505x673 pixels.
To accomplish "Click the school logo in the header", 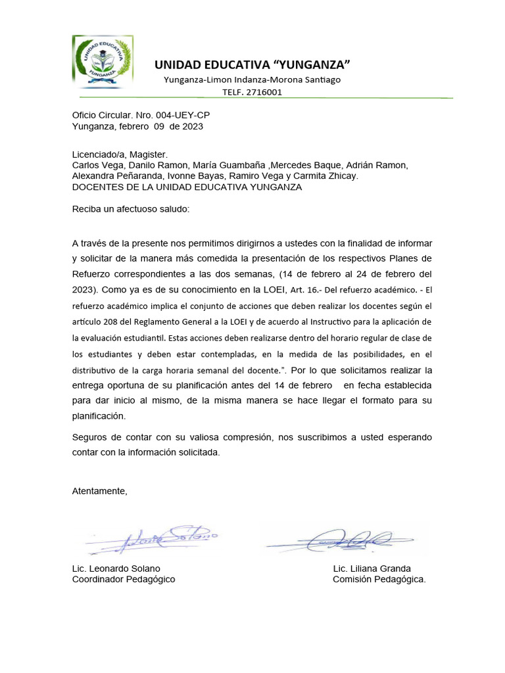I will pyautogui.click(x=103, y=61).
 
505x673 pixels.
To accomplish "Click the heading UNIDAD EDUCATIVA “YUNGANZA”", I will pyautogui.click(x=252, y=64).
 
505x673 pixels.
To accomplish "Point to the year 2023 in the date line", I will pyautogui.click(x=193, y=126).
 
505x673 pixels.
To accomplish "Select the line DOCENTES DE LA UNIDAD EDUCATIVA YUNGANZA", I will pyautogui.click(x=187, y=187).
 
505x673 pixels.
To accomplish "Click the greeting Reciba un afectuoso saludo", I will pyautogui.click(x=130, y=209).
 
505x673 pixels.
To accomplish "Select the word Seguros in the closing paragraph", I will pyautogui.click(x=89, y=437).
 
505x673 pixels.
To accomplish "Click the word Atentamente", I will pyautogui.click(x=99, y=491).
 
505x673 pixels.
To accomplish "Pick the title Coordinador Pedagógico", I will pyautogui.click(x=124, y=580).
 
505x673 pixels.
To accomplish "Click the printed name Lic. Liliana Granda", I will pyautogui.click(x=372, y=569).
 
